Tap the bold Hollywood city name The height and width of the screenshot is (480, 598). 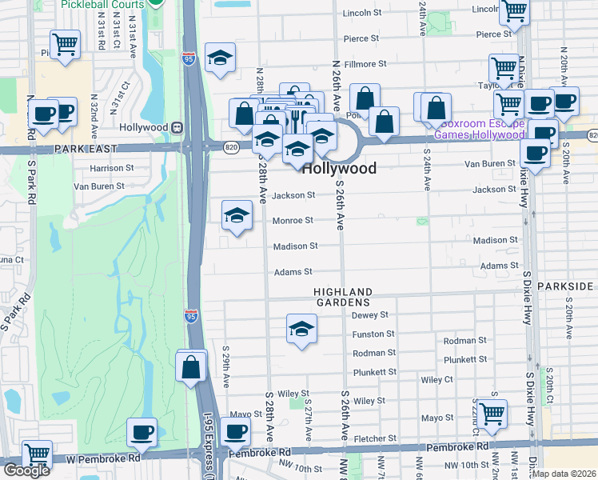[339, 169]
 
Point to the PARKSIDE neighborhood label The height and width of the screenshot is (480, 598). [567, 286]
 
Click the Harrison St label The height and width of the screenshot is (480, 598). [112, 169]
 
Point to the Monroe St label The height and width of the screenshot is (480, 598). [292, 220]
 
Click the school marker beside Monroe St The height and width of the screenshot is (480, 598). [237, 214]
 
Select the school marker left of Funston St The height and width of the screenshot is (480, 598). [301, 328]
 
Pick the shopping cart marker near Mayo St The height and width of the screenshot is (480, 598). [491, 413]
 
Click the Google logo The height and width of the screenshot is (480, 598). [26, 470]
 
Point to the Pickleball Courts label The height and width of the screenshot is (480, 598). [102, 4]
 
